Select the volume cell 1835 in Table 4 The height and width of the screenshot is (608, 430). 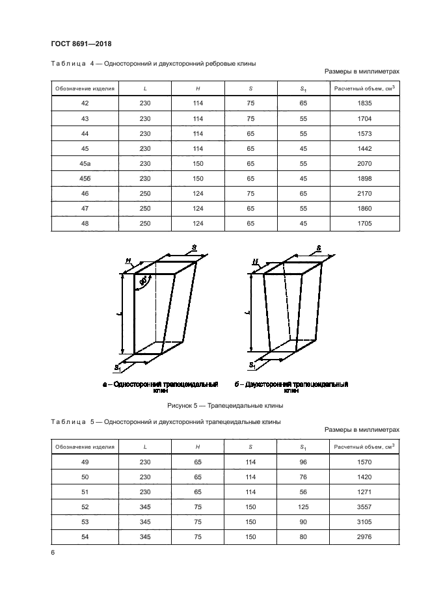364,103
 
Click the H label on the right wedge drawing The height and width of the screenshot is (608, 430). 256,262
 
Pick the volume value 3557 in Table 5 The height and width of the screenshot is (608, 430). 364,507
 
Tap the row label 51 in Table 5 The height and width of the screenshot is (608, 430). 85,492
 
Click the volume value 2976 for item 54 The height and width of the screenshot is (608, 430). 364,537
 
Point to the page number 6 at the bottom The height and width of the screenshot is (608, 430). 53,553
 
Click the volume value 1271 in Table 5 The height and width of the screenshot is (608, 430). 364,492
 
